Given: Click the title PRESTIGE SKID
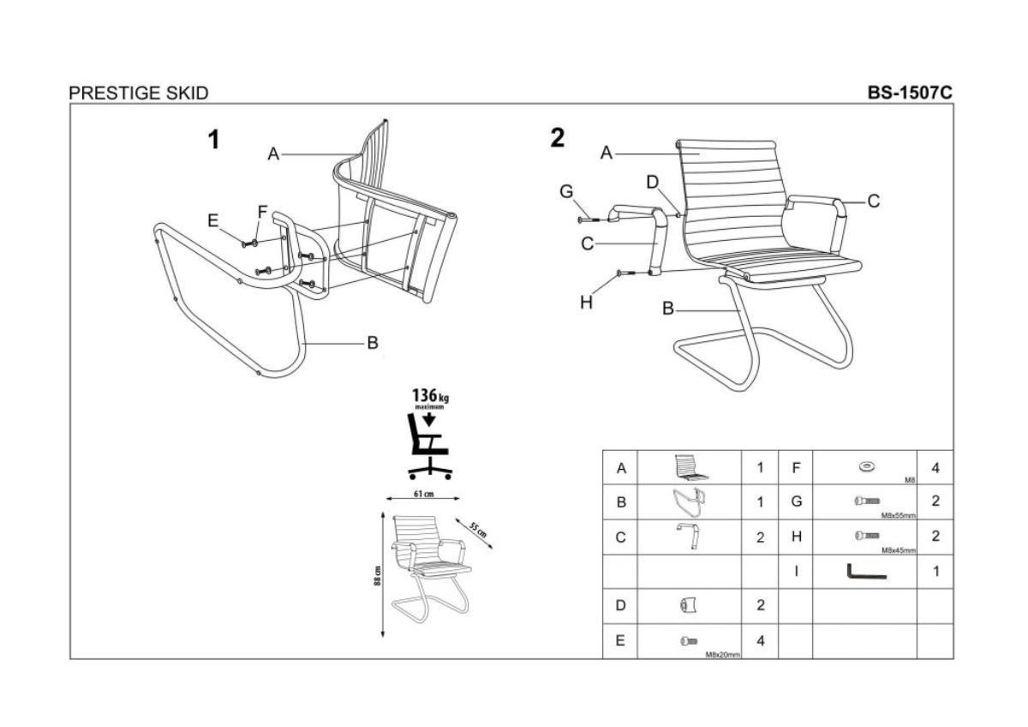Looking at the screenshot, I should (139, 93).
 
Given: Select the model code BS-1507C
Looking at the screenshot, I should (910, 93).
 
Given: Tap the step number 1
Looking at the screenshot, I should (214, 140).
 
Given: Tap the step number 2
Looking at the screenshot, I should (558, 138).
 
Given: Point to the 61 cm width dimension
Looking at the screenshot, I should (422, 495).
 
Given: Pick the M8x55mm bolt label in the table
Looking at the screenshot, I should (898, 516).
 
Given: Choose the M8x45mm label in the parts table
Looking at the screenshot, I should (898, 550).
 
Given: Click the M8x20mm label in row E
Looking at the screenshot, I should (722, 654).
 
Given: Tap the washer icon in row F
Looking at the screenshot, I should (864, 466).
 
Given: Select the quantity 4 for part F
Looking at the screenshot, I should (935, 468).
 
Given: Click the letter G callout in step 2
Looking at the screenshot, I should (566, 192).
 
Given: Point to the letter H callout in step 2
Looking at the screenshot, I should (586, 302).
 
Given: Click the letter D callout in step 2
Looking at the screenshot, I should (653, 182).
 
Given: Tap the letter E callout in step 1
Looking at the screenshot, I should (213, 220).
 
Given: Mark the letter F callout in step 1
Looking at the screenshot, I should (263, 211).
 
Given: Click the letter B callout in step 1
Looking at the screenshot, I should (373, 343).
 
